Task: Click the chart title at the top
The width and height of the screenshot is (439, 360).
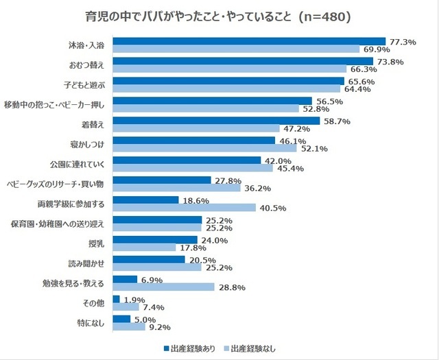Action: pyautogui.click(x=219, y=14)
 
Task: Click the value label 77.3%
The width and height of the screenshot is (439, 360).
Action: pyautogui.click(x=403, y=42)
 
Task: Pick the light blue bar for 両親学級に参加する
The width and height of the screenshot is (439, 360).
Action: pyautogui.click(x=184, y=208)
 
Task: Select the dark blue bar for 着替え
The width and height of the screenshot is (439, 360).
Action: pyautogui.click(x=216, y=121)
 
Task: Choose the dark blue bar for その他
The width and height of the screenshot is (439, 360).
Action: pyautogui.click(x=116, y=299)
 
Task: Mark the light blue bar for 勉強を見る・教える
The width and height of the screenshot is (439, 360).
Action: pyautogui.click(x=163, y=287)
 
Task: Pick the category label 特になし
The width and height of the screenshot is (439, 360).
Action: pyautogui.click(x=92, y=322)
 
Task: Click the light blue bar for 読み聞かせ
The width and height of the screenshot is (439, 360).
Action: pyautogui.click(x=156, y=267)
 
